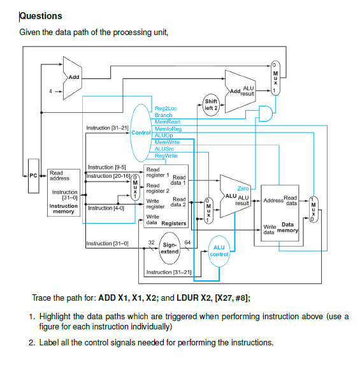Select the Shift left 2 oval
[210, 104]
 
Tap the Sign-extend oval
[169, 248]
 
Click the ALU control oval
[219, 250]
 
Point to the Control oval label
[141, 132]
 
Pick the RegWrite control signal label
[166, 155]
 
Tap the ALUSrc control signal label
[164, 148]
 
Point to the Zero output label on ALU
[243, 189]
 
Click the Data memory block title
[287, 227]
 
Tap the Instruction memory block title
[64, 209]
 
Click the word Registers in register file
[174, 224]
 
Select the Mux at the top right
[275, 77]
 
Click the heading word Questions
[41, 16]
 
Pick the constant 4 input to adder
[51, 91]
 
